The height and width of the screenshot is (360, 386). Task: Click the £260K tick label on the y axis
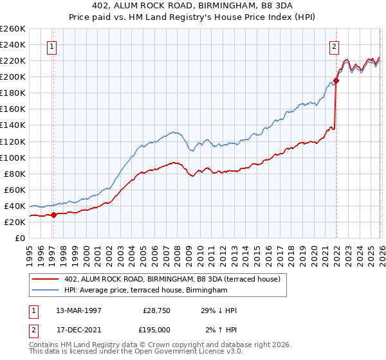[x=13, y=29]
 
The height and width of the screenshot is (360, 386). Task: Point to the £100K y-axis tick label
[x=13, y=157]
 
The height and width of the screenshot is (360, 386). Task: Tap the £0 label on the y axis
[x=21, y=238]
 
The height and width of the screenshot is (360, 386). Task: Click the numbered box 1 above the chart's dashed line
[x=51, y=46]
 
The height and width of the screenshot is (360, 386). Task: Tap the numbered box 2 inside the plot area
[x=335, y=46]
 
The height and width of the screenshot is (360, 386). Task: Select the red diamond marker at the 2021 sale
[x=336, y=81]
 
